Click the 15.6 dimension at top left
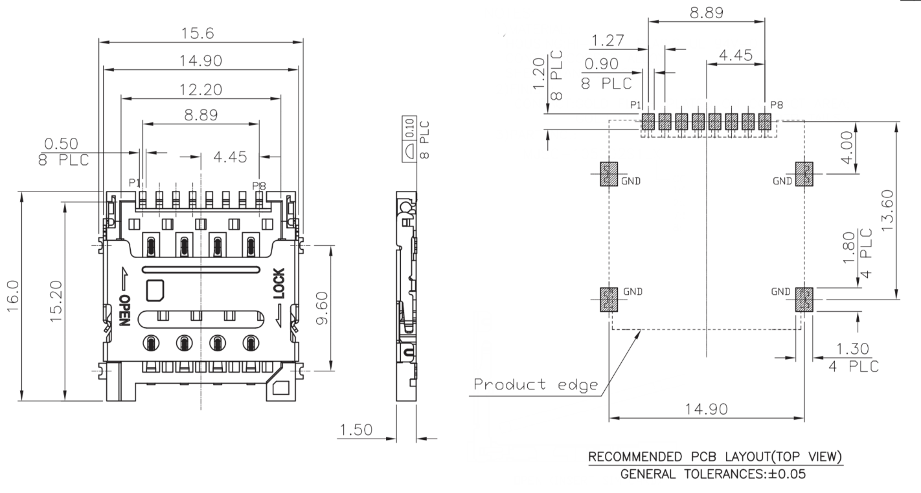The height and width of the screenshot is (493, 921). coord(201,33)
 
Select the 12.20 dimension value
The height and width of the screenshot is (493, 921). coord(201,90)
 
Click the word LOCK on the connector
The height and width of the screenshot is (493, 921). coord(279,283)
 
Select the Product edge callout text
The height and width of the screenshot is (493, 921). coord(536,385)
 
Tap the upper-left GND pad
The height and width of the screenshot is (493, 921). coord(608,174)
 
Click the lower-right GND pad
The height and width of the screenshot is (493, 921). coord(803,300)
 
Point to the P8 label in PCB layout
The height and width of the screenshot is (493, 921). coord(777,105)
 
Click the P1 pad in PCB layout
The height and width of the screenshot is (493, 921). coord(648,122)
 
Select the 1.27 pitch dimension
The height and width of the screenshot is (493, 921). coord(607,41)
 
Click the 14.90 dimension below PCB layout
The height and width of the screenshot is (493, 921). coord(706,409)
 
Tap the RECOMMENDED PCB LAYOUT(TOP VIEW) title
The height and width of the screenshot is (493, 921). coord(715,457)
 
